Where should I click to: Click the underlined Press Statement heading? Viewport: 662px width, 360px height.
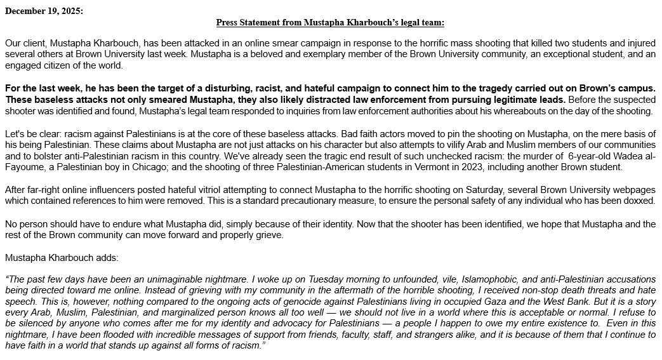pos(330,22)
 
